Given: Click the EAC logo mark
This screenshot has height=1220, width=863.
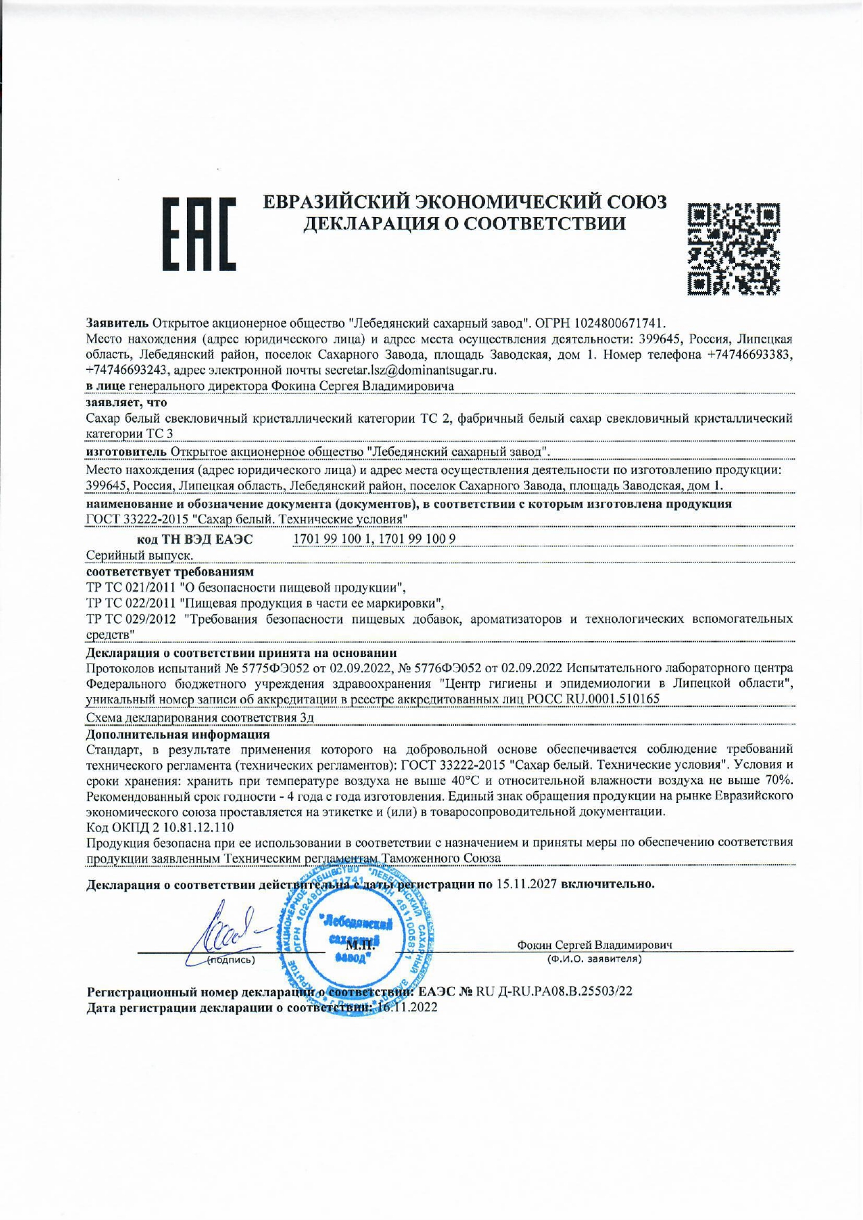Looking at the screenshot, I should tap(199, 234).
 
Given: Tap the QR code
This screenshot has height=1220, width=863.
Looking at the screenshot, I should tap(733, 247).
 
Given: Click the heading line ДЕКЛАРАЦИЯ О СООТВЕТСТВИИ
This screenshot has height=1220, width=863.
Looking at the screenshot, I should tap(465, 223).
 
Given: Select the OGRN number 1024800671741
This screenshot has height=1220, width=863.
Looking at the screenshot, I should tap(619, 323).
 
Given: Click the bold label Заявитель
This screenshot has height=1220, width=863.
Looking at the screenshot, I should tap(117, 323).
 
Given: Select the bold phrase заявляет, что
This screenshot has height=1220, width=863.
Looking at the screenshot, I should tap(126, 402).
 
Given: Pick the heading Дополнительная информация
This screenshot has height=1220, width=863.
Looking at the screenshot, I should tap(178, 734).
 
